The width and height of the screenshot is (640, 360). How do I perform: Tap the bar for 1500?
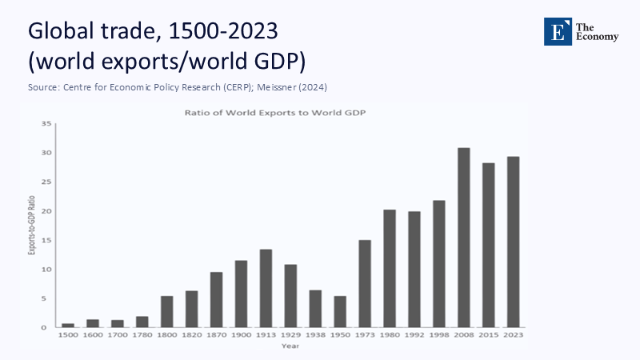(x=68, y=325)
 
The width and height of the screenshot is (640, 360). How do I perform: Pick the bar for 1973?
(x=365, y=283)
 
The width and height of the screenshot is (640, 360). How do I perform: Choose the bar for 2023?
(x=513, y=242)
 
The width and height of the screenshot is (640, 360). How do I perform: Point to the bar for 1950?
(x=340, y=311)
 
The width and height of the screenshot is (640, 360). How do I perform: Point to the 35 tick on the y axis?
(x=46, y=123)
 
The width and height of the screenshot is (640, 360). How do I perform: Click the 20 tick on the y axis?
(x=46, y=211)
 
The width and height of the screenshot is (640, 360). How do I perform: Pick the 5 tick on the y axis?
(x=48, y=298)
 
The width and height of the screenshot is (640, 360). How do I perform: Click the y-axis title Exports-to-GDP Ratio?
(x=30, y=226)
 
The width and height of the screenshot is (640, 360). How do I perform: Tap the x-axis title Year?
(x=290, y=346)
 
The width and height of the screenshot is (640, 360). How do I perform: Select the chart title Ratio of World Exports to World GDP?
(x=290, y=113)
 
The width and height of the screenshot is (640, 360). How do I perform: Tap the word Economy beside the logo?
(x=598, y=37)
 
